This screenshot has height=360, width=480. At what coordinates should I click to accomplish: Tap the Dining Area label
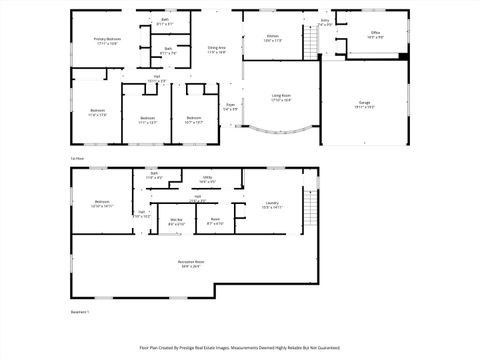point(216,48)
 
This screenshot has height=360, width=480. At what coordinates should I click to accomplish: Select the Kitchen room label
point(272,38)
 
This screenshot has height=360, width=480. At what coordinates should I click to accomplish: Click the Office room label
point(375,35)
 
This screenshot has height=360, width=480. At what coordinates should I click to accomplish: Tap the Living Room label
point(281,97)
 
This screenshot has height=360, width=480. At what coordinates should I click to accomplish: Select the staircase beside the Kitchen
point(311,42)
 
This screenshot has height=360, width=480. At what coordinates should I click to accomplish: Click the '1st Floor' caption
point(76,157)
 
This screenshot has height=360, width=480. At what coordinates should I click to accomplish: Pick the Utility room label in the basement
point(206,179)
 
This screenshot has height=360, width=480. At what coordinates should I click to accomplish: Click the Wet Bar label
point(177,221)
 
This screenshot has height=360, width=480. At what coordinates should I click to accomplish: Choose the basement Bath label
point(154,175)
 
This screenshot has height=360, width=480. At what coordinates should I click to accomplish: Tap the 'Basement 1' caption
point(80,312)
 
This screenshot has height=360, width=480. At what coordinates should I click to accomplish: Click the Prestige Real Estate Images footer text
point(240,349)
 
